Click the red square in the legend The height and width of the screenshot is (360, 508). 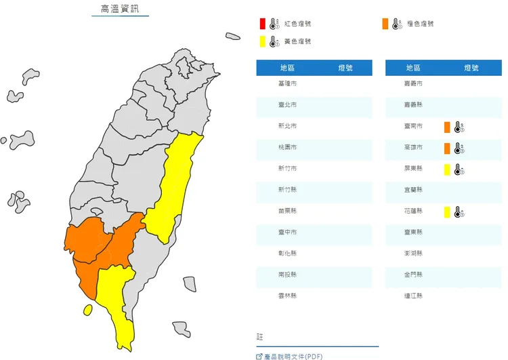(x=262, y=24)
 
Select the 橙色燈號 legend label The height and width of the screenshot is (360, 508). (x=420, y=24)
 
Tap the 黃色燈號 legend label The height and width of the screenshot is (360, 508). (x=297, y=42)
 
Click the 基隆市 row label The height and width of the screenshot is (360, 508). (x=287, y=83)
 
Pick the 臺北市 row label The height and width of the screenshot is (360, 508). (x=287, y=105)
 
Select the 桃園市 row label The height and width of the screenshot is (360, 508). (x=287, y=147)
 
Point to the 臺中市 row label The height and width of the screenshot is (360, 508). (x=287, y=232)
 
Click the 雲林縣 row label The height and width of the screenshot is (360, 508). (x=287, y=296)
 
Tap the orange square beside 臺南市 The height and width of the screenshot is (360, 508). (x=447, y=127)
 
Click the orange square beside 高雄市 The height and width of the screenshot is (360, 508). (x=447, y=148)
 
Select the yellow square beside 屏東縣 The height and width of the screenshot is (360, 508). (x=447, y=169)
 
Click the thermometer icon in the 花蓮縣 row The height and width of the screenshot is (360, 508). (x=459, y=212)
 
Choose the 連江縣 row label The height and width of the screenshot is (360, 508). (x=414, y=296)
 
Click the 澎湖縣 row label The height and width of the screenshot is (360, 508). (x=414, y=253)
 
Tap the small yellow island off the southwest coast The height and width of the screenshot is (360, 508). (x=88, y=310)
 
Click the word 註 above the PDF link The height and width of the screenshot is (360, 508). (x=259, y=336)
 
